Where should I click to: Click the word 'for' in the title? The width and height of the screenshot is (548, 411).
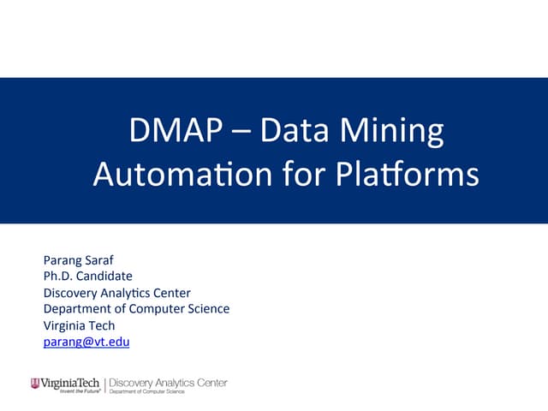(x=301, y=175)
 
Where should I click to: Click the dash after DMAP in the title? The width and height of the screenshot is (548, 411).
(x=240, y=134)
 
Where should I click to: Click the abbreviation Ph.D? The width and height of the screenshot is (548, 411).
(x=59, y=276)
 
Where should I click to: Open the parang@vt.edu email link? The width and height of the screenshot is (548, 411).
(x=86, y=342)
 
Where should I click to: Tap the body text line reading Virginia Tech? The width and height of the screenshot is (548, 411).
(x=79, y=325)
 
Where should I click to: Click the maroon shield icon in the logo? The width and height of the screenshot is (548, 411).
(x=34, y=384)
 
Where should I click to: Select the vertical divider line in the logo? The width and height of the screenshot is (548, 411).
(x=104, y=385)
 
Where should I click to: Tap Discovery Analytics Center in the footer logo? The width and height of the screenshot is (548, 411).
(x=168, y=382)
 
